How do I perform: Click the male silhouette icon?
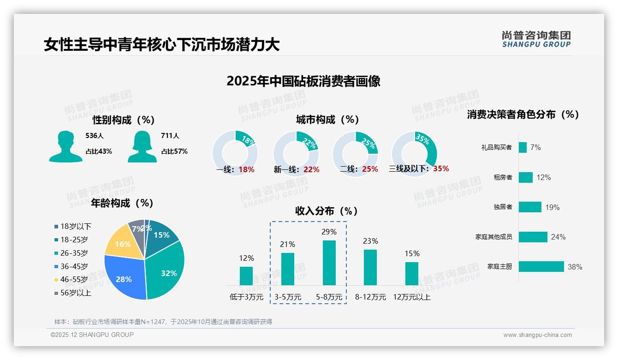[x=66, y=146]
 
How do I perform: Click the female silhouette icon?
[x=142, y=146]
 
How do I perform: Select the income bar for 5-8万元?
[x=329, y=263]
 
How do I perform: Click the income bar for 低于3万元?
[x=246, y=276]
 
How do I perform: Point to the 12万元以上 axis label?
[x=411, y=297]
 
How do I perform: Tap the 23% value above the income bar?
[x=370, y=241]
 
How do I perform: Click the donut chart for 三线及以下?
[x=414, y=154]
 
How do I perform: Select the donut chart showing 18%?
[x=235, y=154]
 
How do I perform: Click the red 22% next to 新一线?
[x=311, y=170]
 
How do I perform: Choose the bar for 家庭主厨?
[x=541, y=266]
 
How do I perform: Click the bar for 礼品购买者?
[x=523, y=147]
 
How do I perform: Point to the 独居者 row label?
[x=503, y=207]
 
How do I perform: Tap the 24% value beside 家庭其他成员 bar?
[x=558, y=237]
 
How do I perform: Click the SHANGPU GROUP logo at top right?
[x=536, y=39]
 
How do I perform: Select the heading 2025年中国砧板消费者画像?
[x=303, y=81]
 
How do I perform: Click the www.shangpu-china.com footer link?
[x=537, y=335]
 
